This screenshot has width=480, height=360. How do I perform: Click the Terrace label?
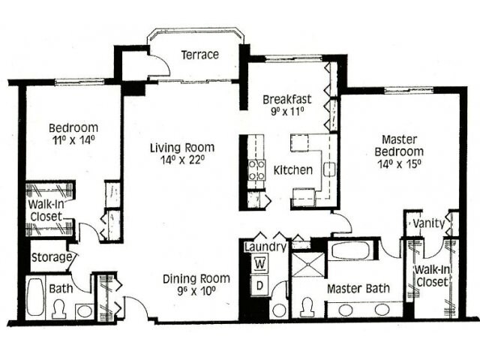click(200, 55)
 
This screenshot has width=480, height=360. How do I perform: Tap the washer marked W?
click(260, 264)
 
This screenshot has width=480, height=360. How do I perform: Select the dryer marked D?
click(259, 285)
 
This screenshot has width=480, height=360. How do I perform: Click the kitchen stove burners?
click(256, 170)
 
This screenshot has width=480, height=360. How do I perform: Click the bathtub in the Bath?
click(35, 297)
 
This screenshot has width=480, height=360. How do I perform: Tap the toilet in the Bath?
click(58, 308)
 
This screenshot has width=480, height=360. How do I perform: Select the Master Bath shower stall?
click(308, 265)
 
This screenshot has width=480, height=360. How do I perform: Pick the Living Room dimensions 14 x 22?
click(182, 160)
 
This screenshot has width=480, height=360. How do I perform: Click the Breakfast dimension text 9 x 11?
click(287, 112)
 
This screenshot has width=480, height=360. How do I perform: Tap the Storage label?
click(52, 257)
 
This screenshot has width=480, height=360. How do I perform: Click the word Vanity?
click(428, 223)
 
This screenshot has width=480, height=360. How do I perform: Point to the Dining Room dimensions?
click(196, 290)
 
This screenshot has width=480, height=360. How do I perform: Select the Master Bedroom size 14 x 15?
click(399, 164)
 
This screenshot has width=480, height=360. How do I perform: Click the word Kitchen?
click(293, 170)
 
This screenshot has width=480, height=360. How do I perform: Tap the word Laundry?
click(265, 247)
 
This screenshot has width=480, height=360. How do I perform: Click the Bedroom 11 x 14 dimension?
click(73, 140)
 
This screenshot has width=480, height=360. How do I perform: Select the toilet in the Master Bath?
click(307, 307)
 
